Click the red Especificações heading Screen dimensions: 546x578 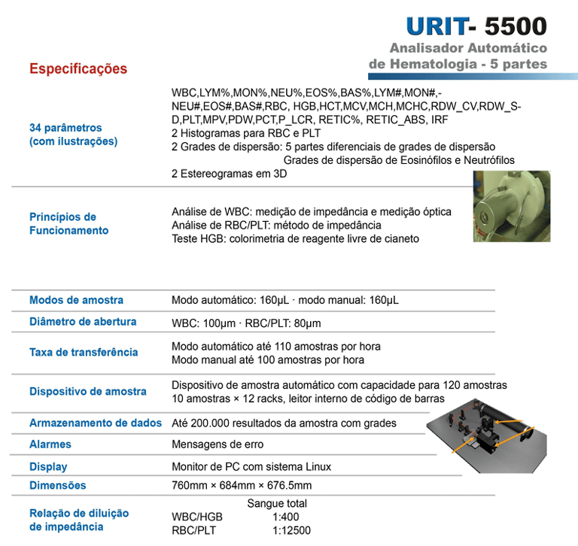coord(78,69)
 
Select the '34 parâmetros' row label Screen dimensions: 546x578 coord(65,128)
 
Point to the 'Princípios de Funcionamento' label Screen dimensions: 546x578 coord(68,223)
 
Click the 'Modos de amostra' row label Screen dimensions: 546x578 coord(76,300)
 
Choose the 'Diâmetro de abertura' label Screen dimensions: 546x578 coord(83,322)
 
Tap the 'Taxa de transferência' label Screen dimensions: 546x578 coord(84,352)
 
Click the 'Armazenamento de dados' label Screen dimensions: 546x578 coord(96,423)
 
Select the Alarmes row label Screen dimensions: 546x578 coord(50,444)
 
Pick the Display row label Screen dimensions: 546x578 coord(48,466)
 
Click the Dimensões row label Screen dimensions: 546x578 coord(58,486)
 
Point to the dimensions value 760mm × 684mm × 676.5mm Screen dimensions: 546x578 coord(242,486)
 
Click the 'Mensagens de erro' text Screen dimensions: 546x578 coord(218,444)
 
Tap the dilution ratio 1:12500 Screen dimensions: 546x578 coord(291,531)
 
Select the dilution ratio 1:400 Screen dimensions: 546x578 coord(286,517)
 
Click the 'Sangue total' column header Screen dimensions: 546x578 coord(277,504)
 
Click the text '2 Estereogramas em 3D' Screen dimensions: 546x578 coord(230,174)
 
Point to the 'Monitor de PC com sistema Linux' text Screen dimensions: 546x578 coord(251,466)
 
